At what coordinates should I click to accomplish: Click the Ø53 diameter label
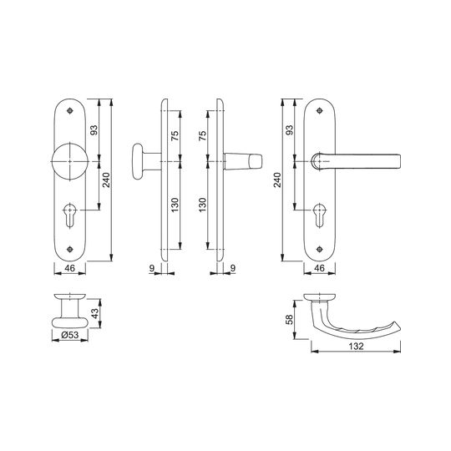point(70,335)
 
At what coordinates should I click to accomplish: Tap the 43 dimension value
point(95,313)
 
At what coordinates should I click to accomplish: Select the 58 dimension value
point(289,320)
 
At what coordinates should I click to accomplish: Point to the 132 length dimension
point(356,347)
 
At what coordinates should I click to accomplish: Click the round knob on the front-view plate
point(69,161)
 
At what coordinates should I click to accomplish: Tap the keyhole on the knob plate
point(69,215)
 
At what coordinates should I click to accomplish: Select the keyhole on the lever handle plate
point(319,215)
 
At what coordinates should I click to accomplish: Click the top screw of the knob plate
point(69,111)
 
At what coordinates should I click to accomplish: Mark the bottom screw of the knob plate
point(69,249)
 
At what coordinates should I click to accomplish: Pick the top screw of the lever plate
point(320,111)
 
